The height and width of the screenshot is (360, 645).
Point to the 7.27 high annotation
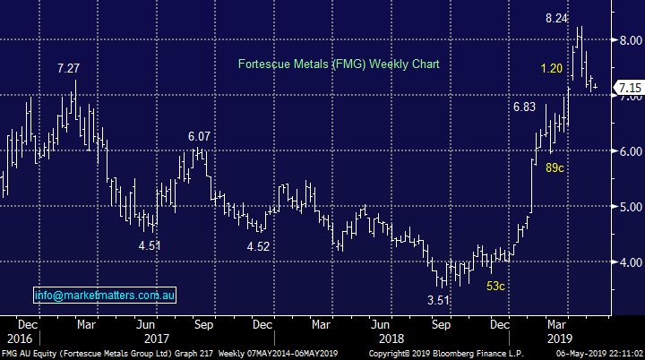[73, 68]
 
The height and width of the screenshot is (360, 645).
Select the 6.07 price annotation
[200, 136]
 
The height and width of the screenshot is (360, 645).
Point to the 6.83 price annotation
[523, 107]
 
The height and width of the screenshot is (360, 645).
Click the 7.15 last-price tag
[627, 89]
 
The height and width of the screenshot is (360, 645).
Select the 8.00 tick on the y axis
[627, 40]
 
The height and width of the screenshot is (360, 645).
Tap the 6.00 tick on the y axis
[627, 151]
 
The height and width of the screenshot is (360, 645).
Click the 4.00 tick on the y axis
[627, 262]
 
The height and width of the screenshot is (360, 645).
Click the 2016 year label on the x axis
[20, 339]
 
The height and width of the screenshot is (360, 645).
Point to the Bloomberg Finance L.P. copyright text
[439, 354]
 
